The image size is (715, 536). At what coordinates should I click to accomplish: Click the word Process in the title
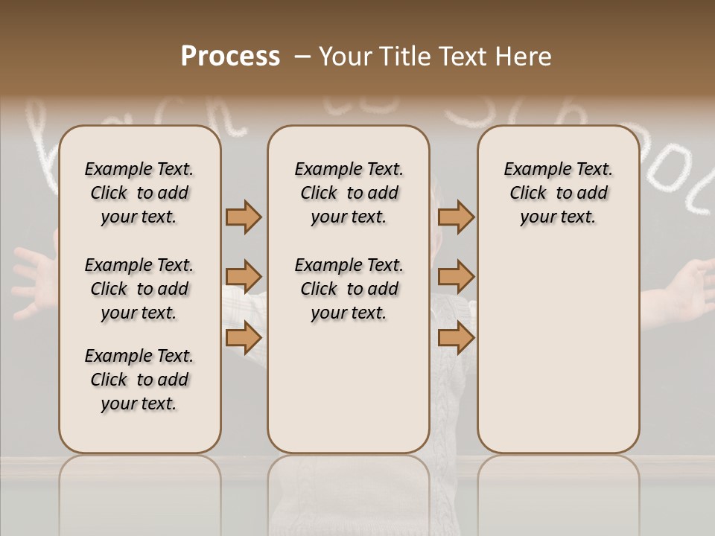[230, 57]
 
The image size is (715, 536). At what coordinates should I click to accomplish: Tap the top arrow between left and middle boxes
[244, 217]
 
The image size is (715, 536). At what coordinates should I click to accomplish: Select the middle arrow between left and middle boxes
[244, 277]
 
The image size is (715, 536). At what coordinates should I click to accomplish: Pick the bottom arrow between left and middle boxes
[244, 337]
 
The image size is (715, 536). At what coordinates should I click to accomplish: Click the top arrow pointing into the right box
[456, 217]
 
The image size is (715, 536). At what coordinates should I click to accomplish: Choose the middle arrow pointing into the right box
[456, 277]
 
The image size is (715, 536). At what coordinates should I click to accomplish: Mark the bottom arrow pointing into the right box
[456, 337]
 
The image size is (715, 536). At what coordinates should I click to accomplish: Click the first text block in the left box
[139, 193]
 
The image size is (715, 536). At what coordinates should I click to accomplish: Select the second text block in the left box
[139, 289]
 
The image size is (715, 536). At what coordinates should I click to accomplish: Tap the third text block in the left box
[139, 380]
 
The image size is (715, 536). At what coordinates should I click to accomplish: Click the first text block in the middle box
[349, 193]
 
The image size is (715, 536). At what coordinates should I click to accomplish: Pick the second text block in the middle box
[349, 289]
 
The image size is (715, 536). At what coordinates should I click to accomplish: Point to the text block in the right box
[558, 193]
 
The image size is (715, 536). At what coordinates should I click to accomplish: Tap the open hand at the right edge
[689, 287]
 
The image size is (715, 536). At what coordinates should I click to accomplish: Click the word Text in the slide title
[463, 57]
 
